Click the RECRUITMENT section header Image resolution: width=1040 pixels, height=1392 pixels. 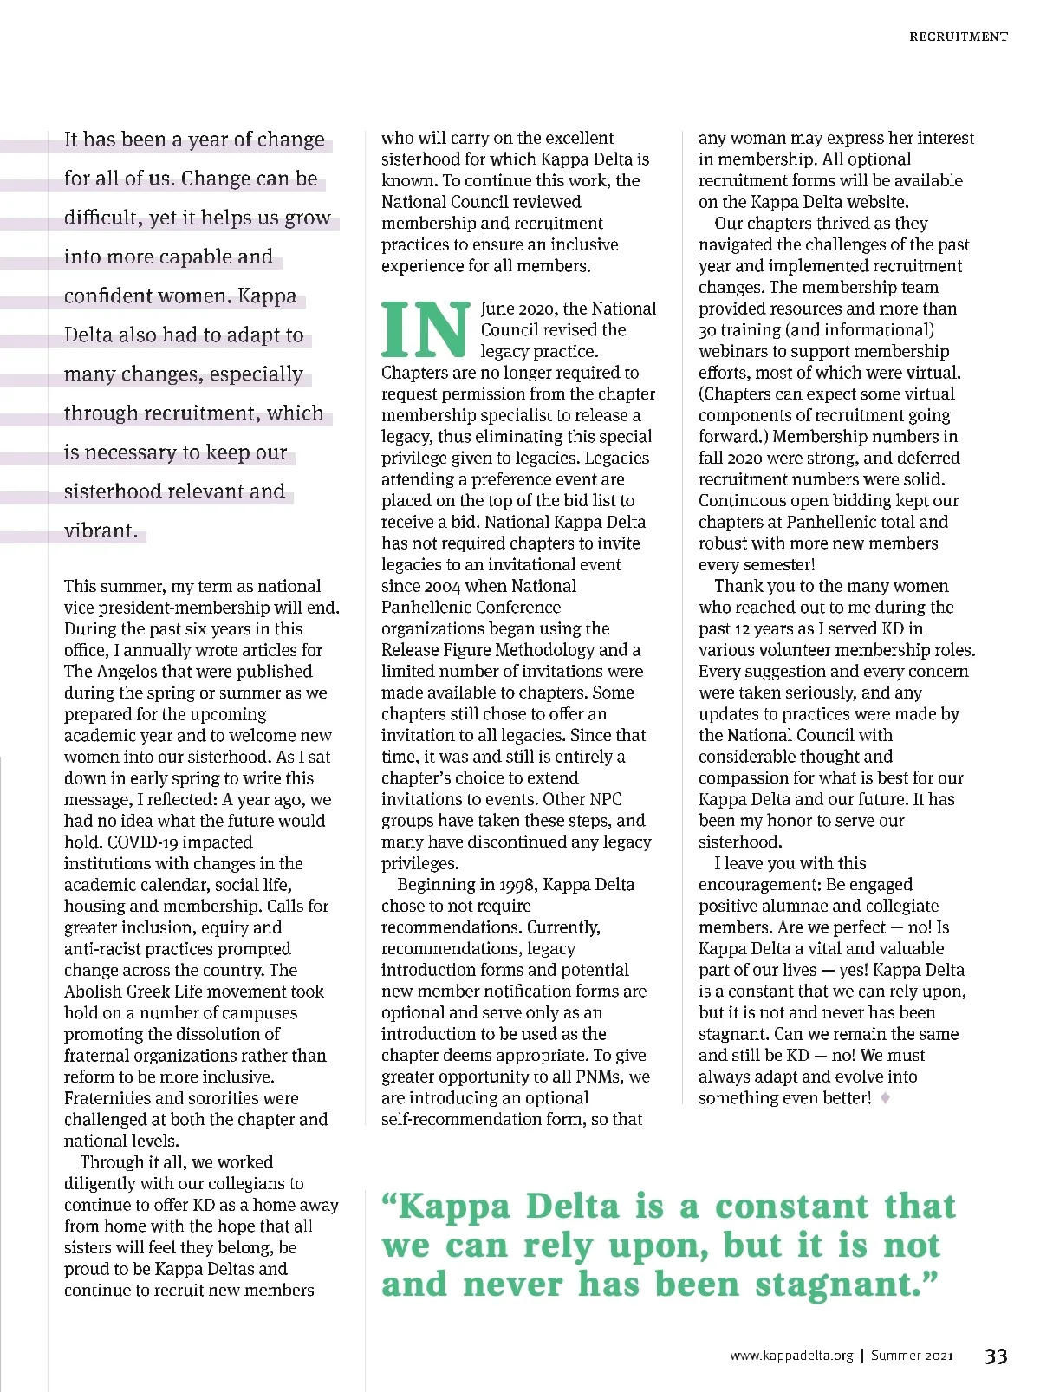click(958, 36)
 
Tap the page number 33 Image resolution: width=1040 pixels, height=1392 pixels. click(996, 1356)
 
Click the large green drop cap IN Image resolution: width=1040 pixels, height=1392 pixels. click(426, 330)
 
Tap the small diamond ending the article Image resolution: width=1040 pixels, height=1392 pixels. click(885, 1098)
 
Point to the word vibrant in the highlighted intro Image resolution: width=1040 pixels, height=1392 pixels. click(101, 530)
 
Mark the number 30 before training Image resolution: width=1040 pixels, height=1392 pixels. click(708, 330)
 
